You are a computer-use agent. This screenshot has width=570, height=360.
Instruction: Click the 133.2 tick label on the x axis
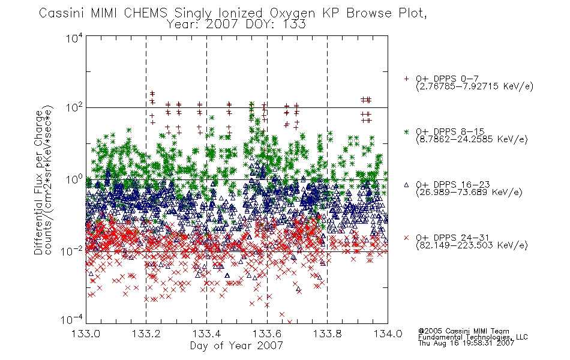tap(146, 334)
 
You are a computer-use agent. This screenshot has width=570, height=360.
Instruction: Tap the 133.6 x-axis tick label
tap(267, 334)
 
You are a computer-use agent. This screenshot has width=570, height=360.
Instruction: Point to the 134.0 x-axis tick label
tap(388, 334)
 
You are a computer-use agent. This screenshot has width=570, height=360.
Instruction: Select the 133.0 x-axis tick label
tap(86, 334)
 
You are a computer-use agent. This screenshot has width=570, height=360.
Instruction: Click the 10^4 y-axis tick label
tap(74, 38)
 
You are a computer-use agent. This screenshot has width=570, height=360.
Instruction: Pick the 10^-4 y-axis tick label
tap(72, 319)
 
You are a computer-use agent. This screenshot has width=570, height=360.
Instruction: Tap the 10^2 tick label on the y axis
tap(74, 107)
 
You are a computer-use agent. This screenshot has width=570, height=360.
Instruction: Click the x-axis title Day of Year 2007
tap(236, 346)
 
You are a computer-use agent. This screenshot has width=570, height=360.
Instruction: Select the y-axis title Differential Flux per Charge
tap(38, 182)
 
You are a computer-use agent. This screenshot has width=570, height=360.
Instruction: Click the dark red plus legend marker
tap(406, 79)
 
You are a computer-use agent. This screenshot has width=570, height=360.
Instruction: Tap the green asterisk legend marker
tap(406, 131)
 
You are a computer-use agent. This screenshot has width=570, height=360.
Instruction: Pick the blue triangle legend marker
tap(406, 185)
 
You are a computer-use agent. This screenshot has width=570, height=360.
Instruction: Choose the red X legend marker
tap(406, 238)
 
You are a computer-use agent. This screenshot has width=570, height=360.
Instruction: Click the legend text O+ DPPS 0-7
tap(447, 79)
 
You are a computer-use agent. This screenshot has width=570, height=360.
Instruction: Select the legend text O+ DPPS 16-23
tap(453, 184)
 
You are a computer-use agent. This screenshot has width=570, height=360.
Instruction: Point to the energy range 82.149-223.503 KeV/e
tap(472, 245)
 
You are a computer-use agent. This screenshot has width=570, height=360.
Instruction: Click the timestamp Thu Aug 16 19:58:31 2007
tap(466, 343)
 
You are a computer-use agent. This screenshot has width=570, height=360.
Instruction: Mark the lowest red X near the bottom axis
tap(290, 322)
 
